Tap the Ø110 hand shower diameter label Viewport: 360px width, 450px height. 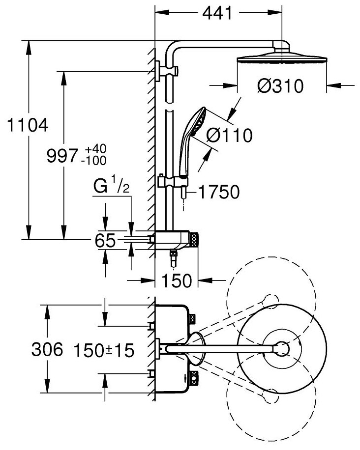(x=229, y=134)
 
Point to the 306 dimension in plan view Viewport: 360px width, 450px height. (x=47, y=350)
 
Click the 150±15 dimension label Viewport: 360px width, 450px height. (x=104, y=350)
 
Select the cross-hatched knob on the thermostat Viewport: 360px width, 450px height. (x=194, y=239)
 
